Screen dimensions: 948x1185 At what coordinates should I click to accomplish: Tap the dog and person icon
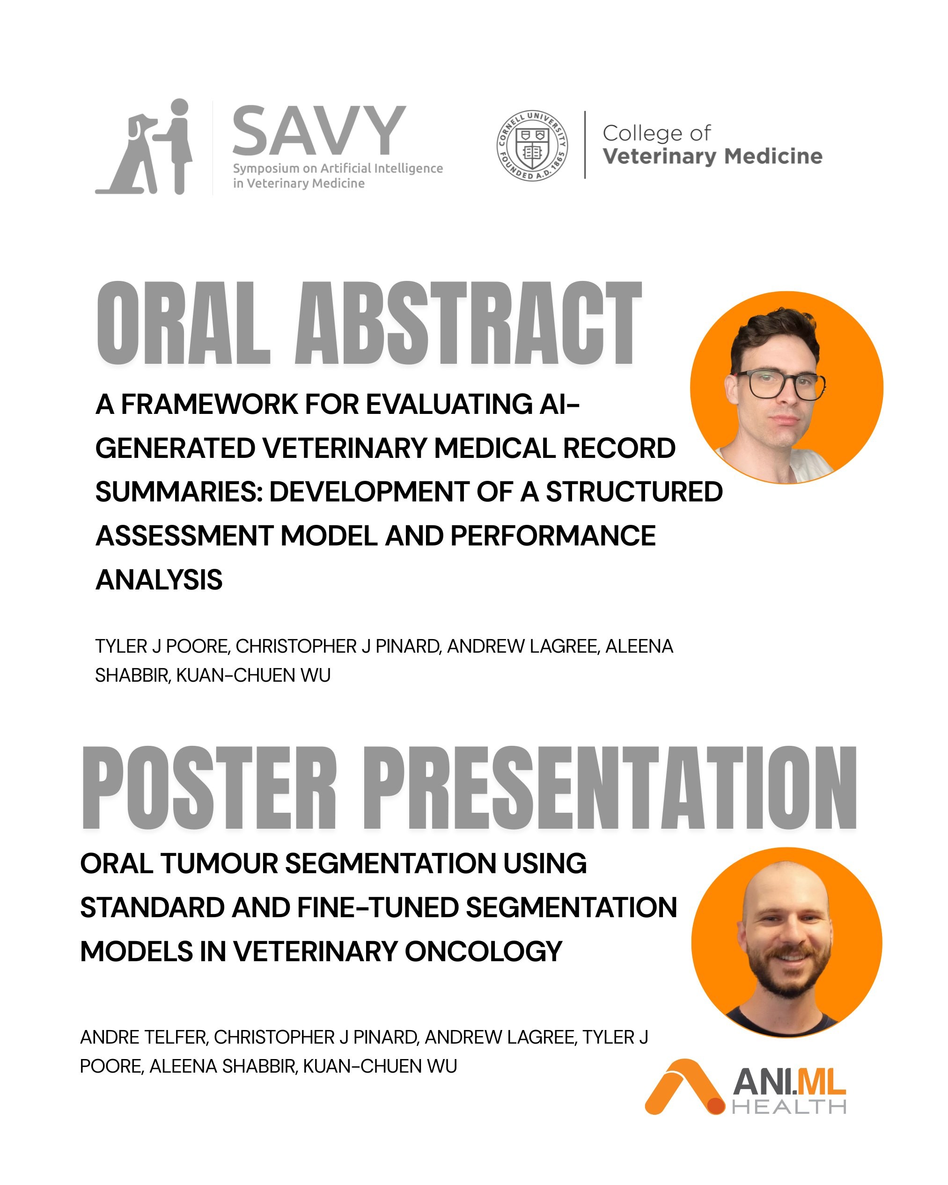144,147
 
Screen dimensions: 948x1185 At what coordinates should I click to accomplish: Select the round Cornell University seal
532,146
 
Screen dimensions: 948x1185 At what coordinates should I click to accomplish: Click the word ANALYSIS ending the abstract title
159,580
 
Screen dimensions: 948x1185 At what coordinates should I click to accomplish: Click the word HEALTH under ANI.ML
789,1106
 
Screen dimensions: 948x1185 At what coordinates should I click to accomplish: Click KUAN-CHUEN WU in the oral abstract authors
253,676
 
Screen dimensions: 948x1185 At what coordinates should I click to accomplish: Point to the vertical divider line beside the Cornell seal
585,145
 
